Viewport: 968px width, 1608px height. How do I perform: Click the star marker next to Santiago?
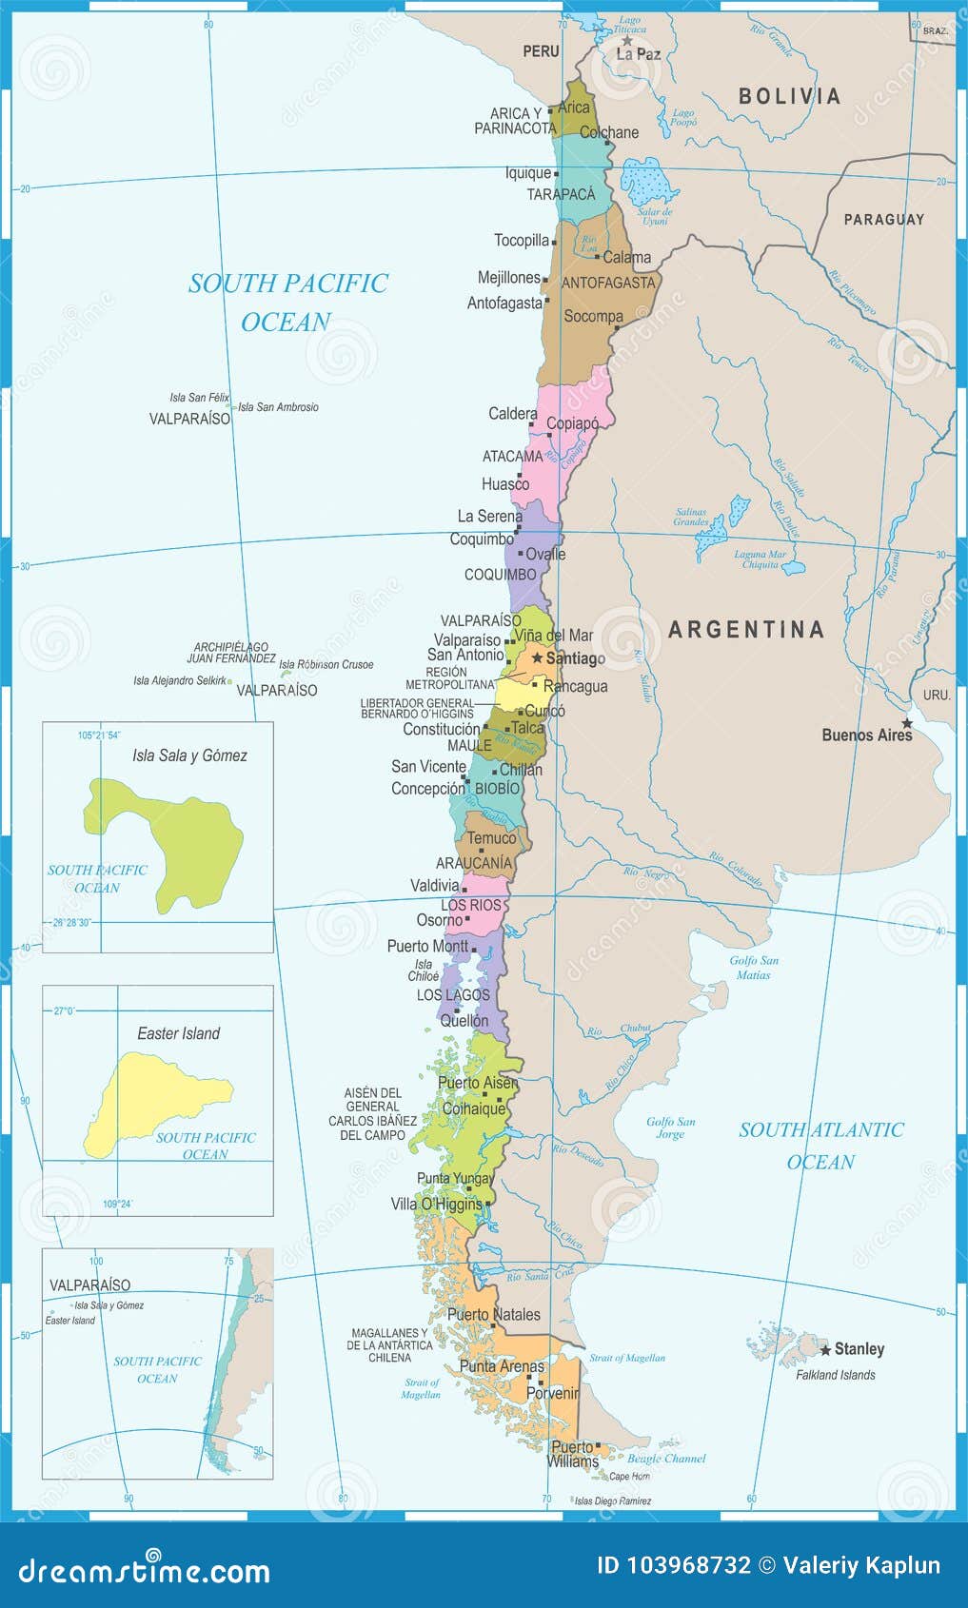pos(538,657)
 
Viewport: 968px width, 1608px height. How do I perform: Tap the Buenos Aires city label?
pos(866,735)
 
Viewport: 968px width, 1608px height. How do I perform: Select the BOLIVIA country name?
pos(789,95)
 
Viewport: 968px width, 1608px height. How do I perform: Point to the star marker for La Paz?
pos(627,41)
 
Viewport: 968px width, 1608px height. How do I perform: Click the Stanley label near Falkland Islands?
pos(859,1348)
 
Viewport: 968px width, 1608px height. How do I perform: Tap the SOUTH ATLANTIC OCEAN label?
pos(820,1145)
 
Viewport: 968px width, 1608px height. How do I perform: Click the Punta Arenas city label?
pos(502,1366)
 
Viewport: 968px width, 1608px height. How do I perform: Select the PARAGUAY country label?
pos(883,219)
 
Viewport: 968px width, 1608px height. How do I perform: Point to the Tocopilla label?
pos(521,241)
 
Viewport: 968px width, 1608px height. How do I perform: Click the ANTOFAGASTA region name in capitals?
pos(608,283)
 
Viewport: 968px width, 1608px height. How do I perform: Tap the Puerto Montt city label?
pos(427,946)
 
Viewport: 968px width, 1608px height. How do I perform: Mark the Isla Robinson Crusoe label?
pos(326,664)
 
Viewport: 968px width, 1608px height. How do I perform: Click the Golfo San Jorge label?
pos(670,1128)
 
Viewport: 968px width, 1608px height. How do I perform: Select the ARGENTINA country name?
pos(745,629)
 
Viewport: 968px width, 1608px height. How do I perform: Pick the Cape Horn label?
pos(629,1476)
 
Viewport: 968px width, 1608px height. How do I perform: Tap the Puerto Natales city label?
pos(493,1314)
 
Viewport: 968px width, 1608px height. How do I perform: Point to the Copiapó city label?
pos(572,423)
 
